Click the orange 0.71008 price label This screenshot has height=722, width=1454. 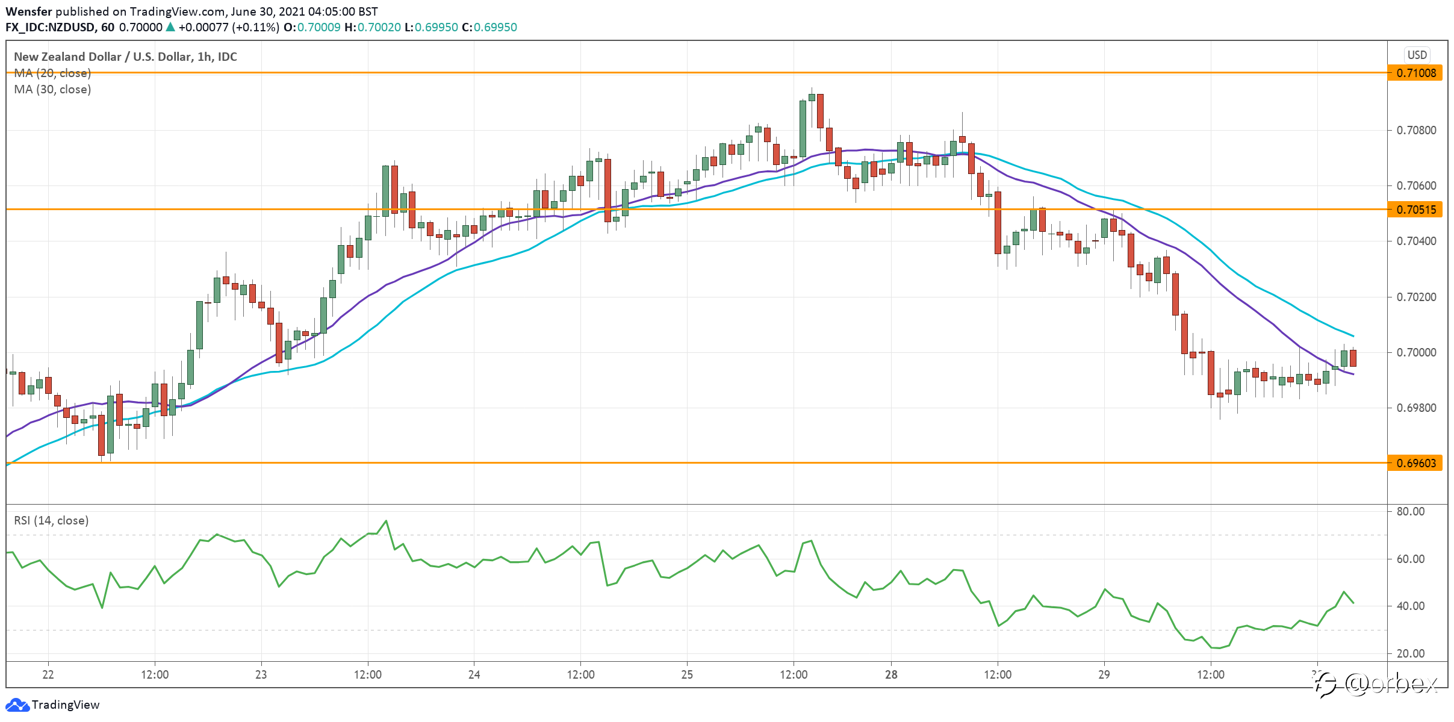click(x=1415, y=73)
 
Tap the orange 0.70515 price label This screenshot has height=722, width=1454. click(x=1415, y=210)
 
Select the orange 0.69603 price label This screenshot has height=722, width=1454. click(x=1415, y=463)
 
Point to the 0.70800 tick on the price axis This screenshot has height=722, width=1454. click(x=1417, y=130)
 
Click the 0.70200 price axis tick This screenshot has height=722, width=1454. click(x=1417, y=297)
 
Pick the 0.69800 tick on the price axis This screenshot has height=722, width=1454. click(x=1417, y=408)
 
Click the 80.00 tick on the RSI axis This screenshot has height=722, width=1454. click(x=1411, y=511)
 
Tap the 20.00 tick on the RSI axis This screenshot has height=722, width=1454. click(x=1411, y=653)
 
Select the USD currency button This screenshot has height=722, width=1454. click(x=1417, y=55)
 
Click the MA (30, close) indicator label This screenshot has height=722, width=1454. click(x=52, y=89)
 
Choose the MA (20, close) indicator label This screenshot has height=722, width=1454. click(x=52, y=73)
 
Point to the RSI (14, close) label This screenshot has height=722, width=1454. click(x=51, y=520)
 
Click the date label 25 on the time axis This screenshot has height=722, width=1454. click(x=687, y=674)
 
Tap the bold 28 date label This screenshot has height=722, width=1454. click(x=891, y=674)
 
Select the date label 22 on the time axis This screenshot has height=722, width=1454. click(x=48, y=674)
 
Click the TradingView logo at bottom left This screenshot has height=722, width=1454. click(x=52, y=705)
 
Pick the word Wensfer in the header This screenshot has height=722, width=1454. click(x=29, y=11)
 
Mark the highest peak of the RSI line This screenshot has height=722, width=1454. click(x=386, y=521)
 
